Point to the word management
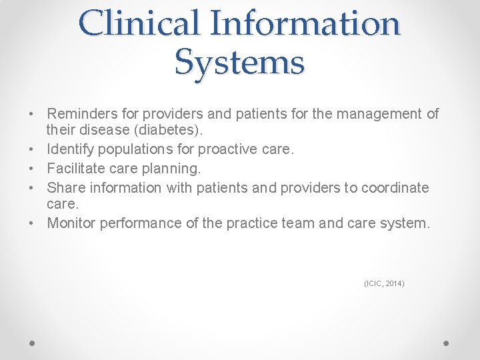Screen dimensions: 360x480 pyautogui.click(x=379, y=114)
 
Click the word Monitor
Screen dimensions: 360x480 pyautogui.click(x=72, y=223)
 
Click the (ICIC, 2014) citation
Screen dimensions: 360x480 pyautogui.click(x=384, y=284)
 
